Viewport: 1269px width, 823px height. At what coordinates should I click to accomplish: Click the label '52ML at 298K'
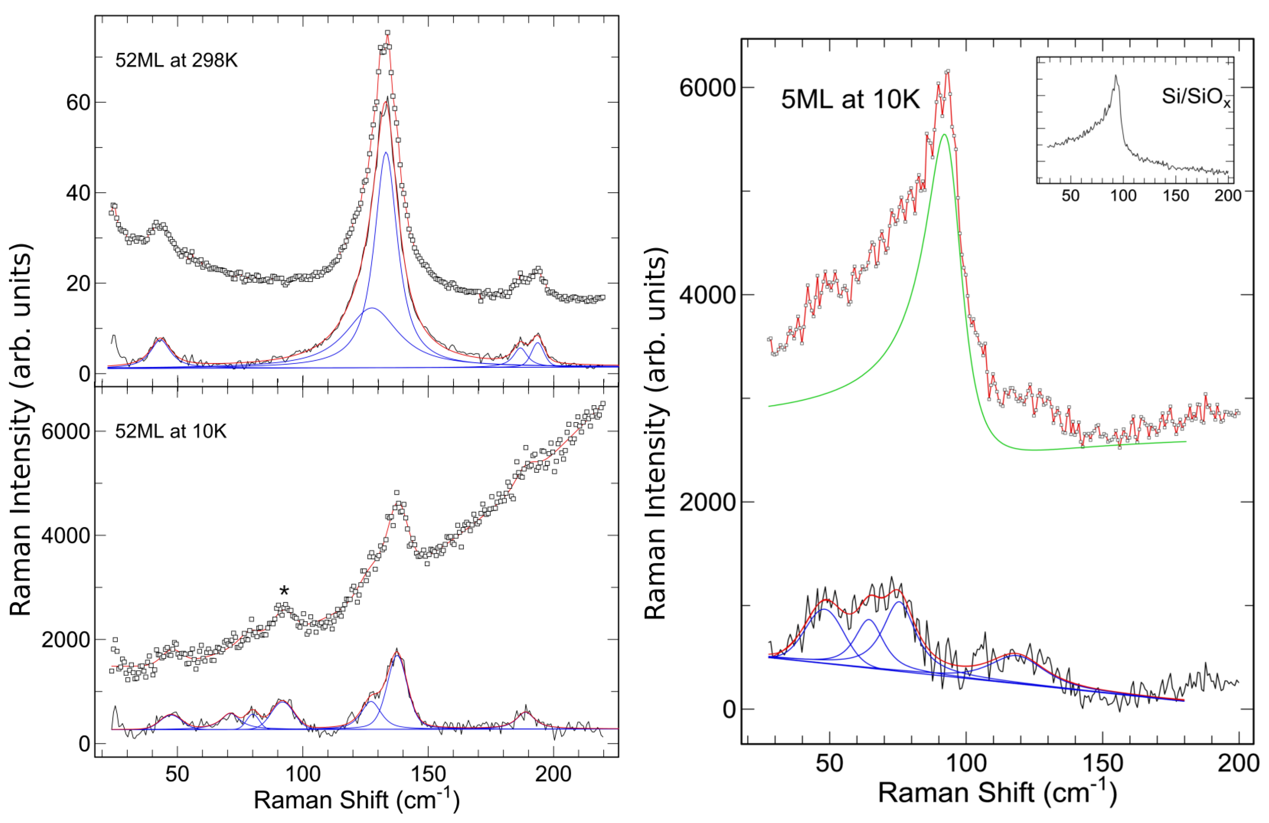[176, 60]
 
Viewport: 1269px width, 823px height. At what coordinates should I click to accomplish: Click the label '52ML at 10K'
[171, 431]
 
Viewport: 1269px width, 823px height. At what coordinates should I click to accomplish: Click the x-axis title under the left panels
[356, 801]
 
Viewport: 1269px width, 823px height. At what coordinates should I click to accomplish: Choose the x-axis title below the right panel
[997, 792]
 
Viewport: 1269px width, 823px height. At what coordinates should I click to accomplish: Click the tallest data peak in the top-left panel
[387, 33]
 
